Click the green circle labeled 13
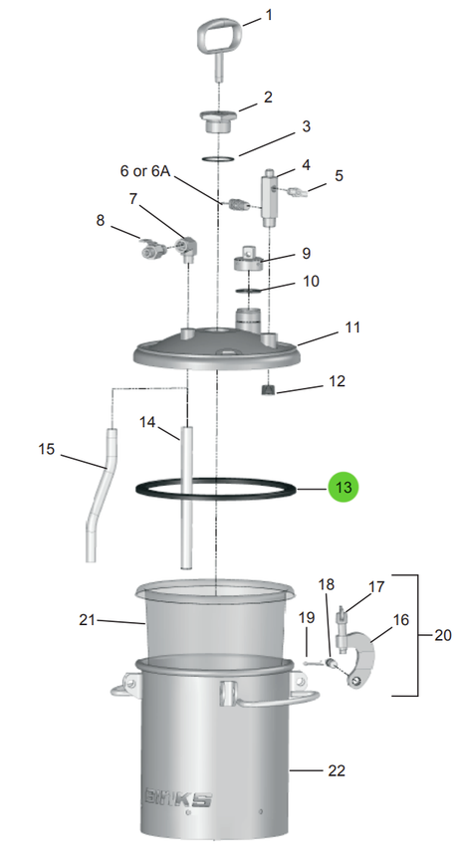tap(343, 487)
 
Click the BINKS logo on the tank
tap(178, 797)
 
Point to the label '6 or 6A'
tap(145, 171)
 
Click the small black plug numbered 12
tap(268, 390)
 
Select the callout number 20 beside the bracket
tap(443, 635)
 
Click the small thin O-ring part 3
tap(218, 159)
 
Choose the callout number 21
tap(87, 620)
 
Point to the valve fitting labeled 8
tap(149, 250)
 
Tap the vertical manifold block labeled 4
tap(269, 198)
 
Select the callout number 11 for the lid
tap(352, 327)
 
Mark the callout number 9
tap(306, 254)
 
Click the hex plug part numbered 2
tap(218, 121)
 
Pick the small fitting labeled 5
tap(300, 191)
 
